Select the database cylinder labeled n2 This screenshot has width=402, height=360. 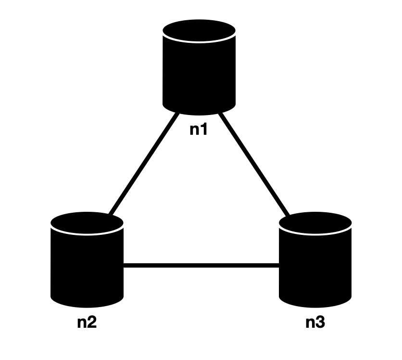pos(87,262)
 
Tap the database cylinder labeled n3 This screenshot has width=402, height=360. pos(315,262)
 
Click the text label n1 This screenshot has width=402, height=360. pos(199,130)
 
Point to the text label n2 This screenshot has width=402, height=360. pos(87,322)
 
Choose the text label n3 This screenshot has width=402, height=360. pos(315,322)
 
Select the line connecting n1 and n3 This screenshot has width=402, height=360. pos(253,164)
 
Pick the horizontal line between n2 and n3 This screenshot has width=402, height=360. pos(201,265)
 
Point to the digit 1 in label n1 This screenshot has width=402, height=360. pos(204,130)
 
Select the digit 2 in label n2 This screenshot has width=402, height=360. pos(92,322)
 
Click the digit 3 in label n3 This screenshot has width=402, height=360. pos(321,322)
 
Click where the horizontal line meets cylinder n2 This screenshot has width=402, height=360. pos(124,265)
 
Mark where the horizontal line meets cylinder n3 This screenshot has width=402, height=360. pos(279,265)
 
